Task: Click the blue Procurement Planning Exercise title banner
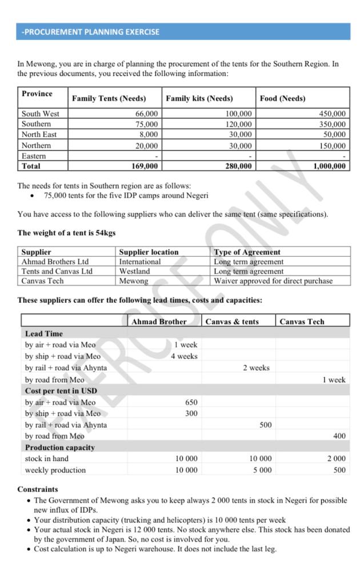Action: pos(183,32)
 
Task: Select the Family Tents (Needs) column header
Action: pos(109,99)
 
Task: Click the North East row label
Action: pos(39,135)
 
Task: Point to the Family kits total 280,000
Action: pos(237,166)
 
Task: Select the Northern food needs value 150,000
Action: pos(332,146)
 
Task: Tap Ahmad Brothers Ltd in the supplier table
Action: pos(55,262)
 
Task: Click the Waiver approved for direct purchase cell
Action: pos(273,281)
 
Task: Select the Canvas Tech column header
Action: pos(302,322)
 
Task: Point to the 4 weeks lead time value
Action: pos(184,356)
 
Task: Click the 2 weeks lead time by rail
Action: pos(256,368)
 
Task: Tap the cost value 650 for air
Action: pos(191,402)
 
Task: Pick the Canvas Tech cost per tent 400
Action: pos(339,436)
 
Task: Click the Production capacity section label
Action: pos(60,447)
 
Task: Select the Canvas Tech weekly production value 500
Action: pos(339,470)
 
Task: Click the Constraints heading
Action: pos(38,490)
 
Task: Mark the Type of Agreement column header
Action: pos(247,252)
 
